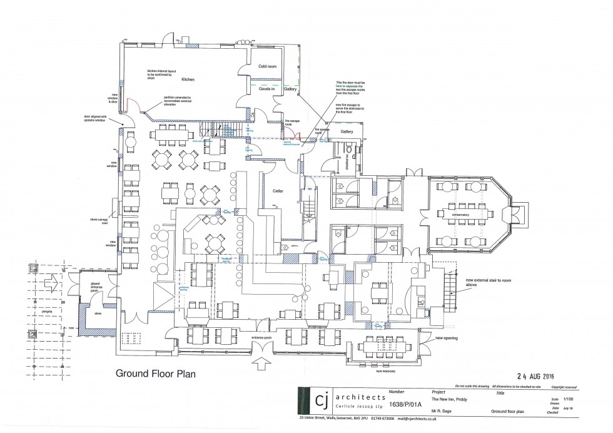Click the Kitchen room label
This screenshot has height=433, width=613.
(188, 81)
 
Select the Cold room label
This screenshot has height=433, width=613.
(267, 66)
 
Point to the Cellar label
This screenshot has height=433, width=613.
(279, 191)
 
